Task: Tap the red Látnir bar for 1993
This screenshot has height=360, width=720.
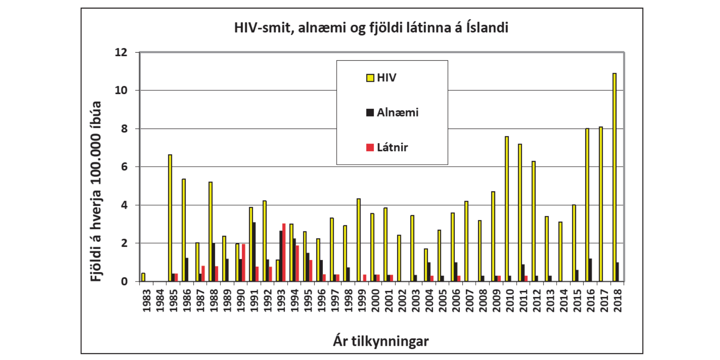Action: pyautogui.click(x=284, y=252)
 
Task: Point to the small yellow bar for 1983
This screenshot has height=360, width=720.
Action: pyautogui.click(x=143, y=277)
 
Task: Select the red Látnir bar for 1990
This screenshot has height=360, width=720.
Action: pyautogui.click(x=244, y=263)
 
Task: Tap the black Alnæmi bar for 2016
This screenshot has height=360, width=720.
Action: pyautogui.click(x=591, y=270)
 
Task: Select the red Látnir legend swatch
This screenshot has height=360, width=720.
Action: pyautogui.click(x=370, y=147)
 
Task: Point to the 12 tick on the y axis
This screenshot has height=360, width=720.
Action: pyautogui.click(x=121, y=52)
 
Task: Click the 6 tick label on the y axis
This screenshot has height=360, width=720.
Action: pyautogui.click(x=124, y=167)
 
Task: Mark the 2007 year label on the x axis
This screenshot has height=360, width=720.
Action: pyautogui.click(x=470, y=301)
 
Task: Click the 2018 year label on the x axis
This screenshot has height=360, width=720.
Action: pyautogui.click(x=618, y=301)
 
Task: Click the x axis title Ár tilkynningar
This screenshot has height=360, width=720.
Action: pyautogui.click(x=381, y=341)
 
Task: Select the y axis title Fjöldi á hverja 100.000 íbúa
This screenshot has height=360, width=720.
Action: pyautogui.click(x=96, y=191)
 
